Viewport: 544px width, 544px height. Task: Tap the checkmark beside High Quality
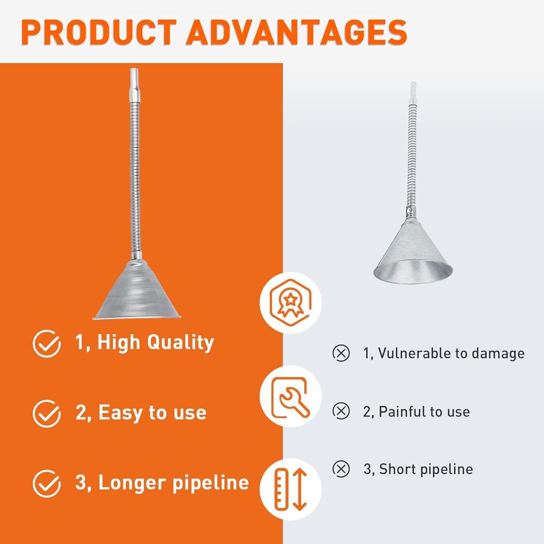tap(47, 343)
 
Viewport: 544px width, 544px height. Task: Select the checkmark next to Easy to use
tap(47, 413)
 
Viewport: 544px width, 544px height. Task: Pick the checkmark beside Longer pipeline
tap(47, 483)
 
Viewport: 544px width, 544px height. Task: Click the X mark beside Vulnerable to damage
tap(341, 353)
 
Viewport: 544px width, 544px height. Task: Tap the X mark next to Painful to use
tap(341, 411)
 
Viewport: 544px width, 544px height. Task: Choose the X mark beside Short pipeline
tap(341, 469)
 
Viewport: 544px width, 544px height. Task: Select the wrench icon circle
tap(290, 396)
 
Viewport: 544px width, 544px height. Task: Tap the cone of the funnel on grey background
tap(412, 252)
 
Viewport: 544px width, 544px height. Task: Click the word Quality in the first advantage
tap(180, 343)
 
